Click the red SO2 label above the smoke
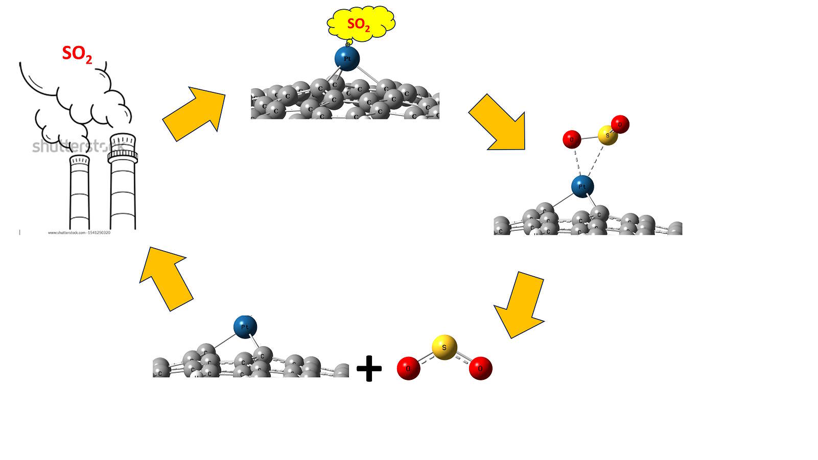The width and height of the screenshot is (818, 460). pyautogui.click(x=77, y=54)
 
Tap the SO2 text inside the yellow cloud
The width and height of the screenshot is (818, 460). pyautogui.click(x=358, y=25)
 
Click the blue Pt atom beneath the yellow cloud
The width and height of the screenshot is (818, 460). pyautogui.click(x=347, y=59)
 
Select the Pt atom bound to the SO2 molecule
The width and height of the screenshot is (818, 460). pyautogui.click(x=582, y=186)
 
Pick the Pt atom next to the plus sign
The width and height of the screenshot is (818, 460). pyautogui.click(x=245, y=327)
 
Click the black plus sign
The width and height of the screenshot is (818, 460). pyautogui.click(x=369, y=369)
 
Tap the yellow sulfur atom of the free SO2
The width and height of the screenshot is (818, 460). pyautogui.click(x=444, y=347)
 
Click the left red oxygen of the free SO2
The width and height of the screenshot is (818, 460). pyautogui.click(x=408, y=368)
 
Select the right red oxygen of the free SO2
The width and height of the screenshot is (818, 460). pyautogui.click(x=480, y=368)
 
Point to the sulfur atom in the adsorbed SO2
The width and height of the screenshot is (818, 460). pyautogui.click(x=607, y=135)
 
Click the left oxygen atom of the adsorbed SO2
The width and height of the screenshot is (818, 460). pyautogui.click(x=572, y=139)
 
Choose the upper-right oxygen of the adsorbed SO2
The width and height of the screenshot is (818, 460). pyautogui.click(x=620, y=124)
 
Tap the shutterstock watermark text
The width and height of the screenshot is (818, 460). pyautogui.click(x=77, y=147)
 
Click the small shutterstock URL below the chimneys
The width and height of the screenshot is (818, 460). pyautogui.click(x=79, y=233)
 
